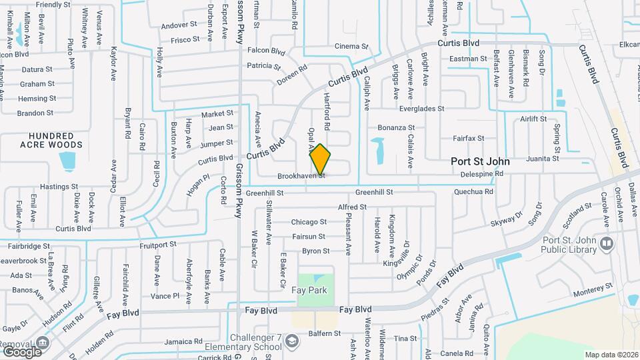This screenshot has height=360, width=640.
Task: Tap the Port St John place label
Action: pyautogui.click(x=480, y=161)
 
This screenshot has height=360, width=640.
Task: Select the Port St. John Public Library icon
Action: pyautogui.click(x=606, y=243)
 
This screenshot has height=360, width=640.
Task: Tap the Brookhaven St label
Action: pyautogui.click(x=301, y=176)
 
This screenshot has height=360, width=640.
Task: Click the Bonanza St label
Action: pyautogui.click(x=396, y=127)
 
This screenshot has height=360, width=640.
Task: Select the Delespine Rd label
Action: pyautogui.click(x=482, y=174)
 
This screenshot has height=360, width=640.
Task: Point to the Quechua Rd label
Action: pyautogui.click(x=473, y=191)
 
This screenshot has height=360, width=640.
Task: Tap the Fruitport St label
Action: pyautogui.click(x=158, y=245)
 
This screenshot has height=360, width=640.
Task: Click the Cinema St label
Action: pyautogui.click(x=351, y=47)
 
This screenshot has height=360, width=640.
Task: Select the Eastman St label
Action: pyautogui.click(x=468, y=59)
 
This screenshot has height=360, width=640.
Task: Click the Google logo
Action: pyautogui.click(x=22, y=351)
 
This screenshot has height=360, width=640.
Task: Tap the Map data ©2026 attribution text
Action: pyautogui.click(x=611, y=355)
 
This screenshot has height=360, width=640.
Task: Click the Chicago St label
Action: pyautogui.click(x=309, y=222)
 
